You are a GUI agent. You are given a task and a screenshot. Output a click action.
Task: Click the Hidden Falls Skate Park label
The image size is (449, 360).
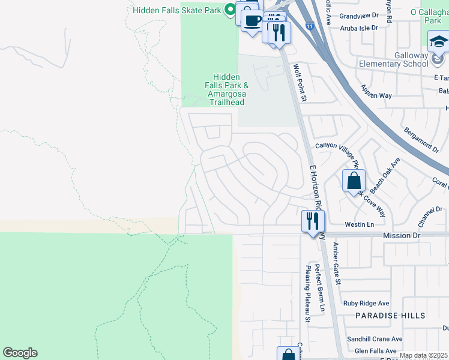(x=177, y=10)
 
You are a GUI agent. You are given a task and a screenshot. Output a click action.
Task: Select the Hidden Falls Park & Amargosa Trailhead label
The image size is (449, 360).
(x=226, y=89)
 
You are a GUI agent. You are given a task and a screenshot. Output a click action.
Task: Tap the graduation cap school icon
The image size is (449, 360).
(x=438, y=43)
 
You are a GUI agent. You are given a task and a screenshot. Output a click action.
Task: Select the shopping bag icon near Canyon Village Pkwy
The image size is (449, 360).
(x=354, y=179)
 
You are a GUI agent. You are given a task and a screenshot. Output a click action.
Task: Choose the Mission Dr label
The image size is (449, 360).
(x=402, y=236)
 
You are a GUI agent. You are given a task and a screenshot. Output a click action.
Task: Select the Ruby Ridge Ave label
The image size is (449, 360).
(x=366, y=304)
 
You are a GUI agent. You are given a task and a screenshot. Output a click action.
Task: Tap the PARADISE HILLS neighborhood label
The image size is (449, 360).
(x=390, y=316)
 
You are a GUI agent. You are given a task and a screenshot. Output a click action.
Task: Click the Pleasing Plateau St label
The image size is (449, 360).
(x=306, y=294)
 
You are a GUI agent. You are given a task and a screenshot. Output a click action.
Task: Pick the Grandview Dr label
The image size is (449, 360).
(x=359, y=16)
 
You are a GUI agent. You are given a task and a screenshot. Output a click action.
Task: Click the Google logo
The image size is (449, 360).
(x=20, y=353)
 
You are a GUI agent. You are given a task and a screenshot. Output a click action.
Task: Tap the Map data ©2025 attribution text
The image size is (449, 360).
(x=423, y=356)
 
